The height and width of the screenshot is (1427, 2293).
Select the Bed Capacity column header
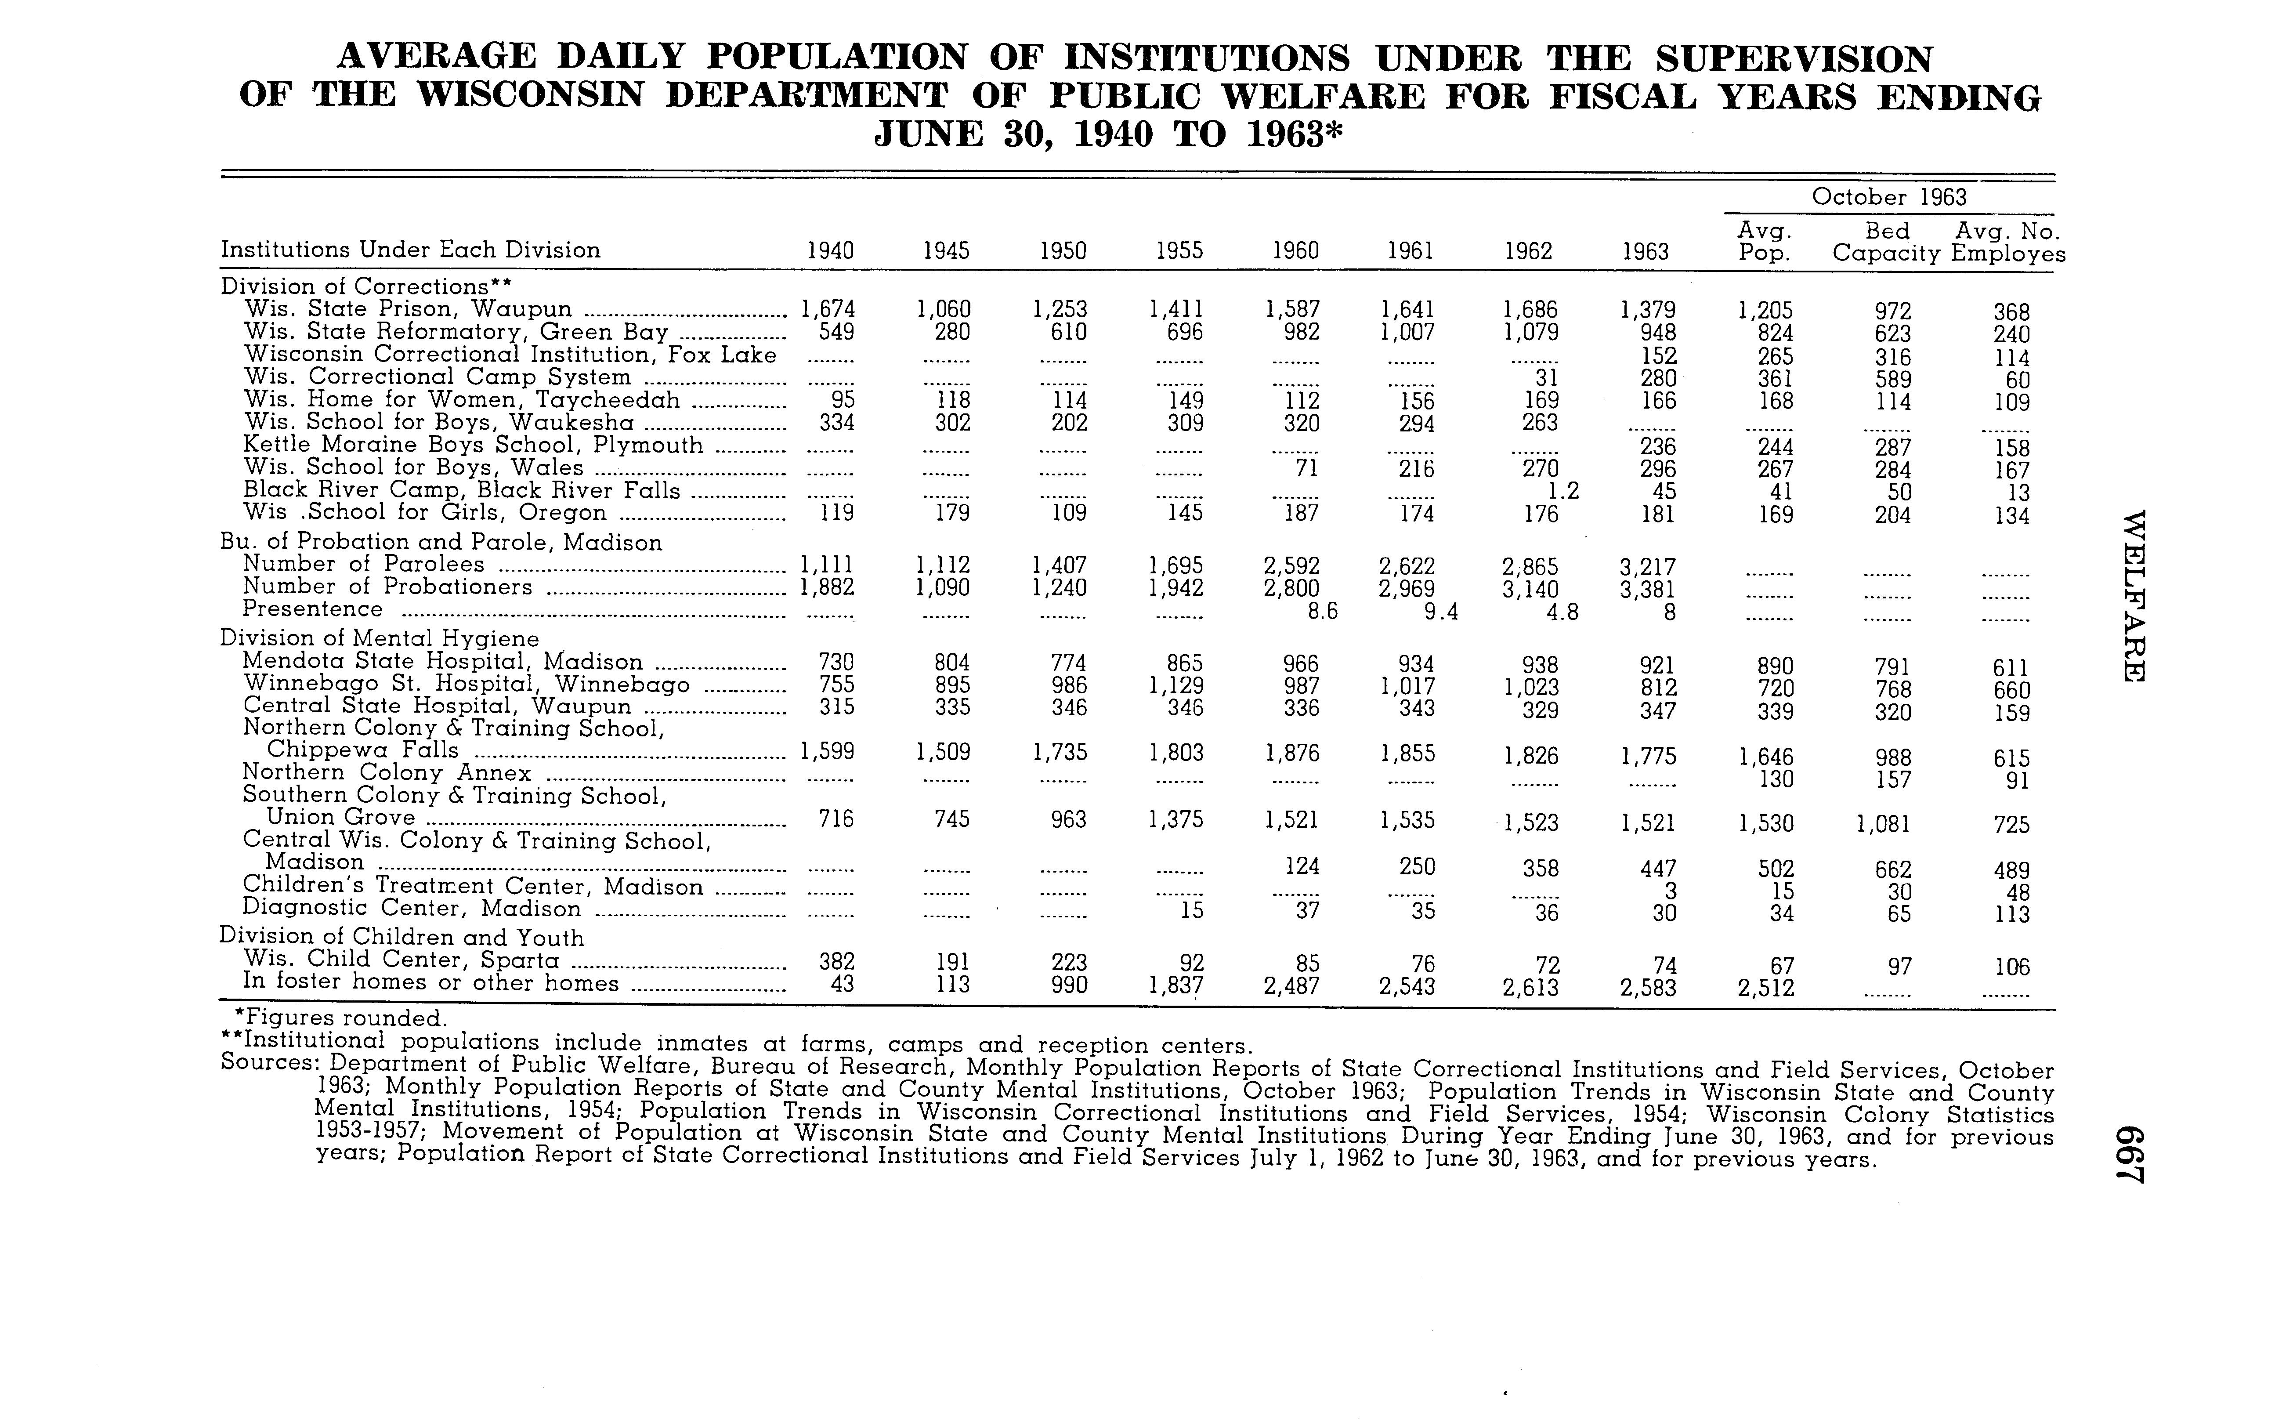(x=1886, y=243)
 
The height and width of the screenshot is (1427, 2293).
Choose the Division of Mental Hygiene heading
(x=380, y=639)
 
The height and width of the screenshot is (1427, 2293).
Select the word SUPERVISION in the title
(x=1794, y=58)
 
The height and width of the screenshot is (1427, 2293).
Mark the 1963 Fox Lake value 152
(x=1659, y=356)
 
